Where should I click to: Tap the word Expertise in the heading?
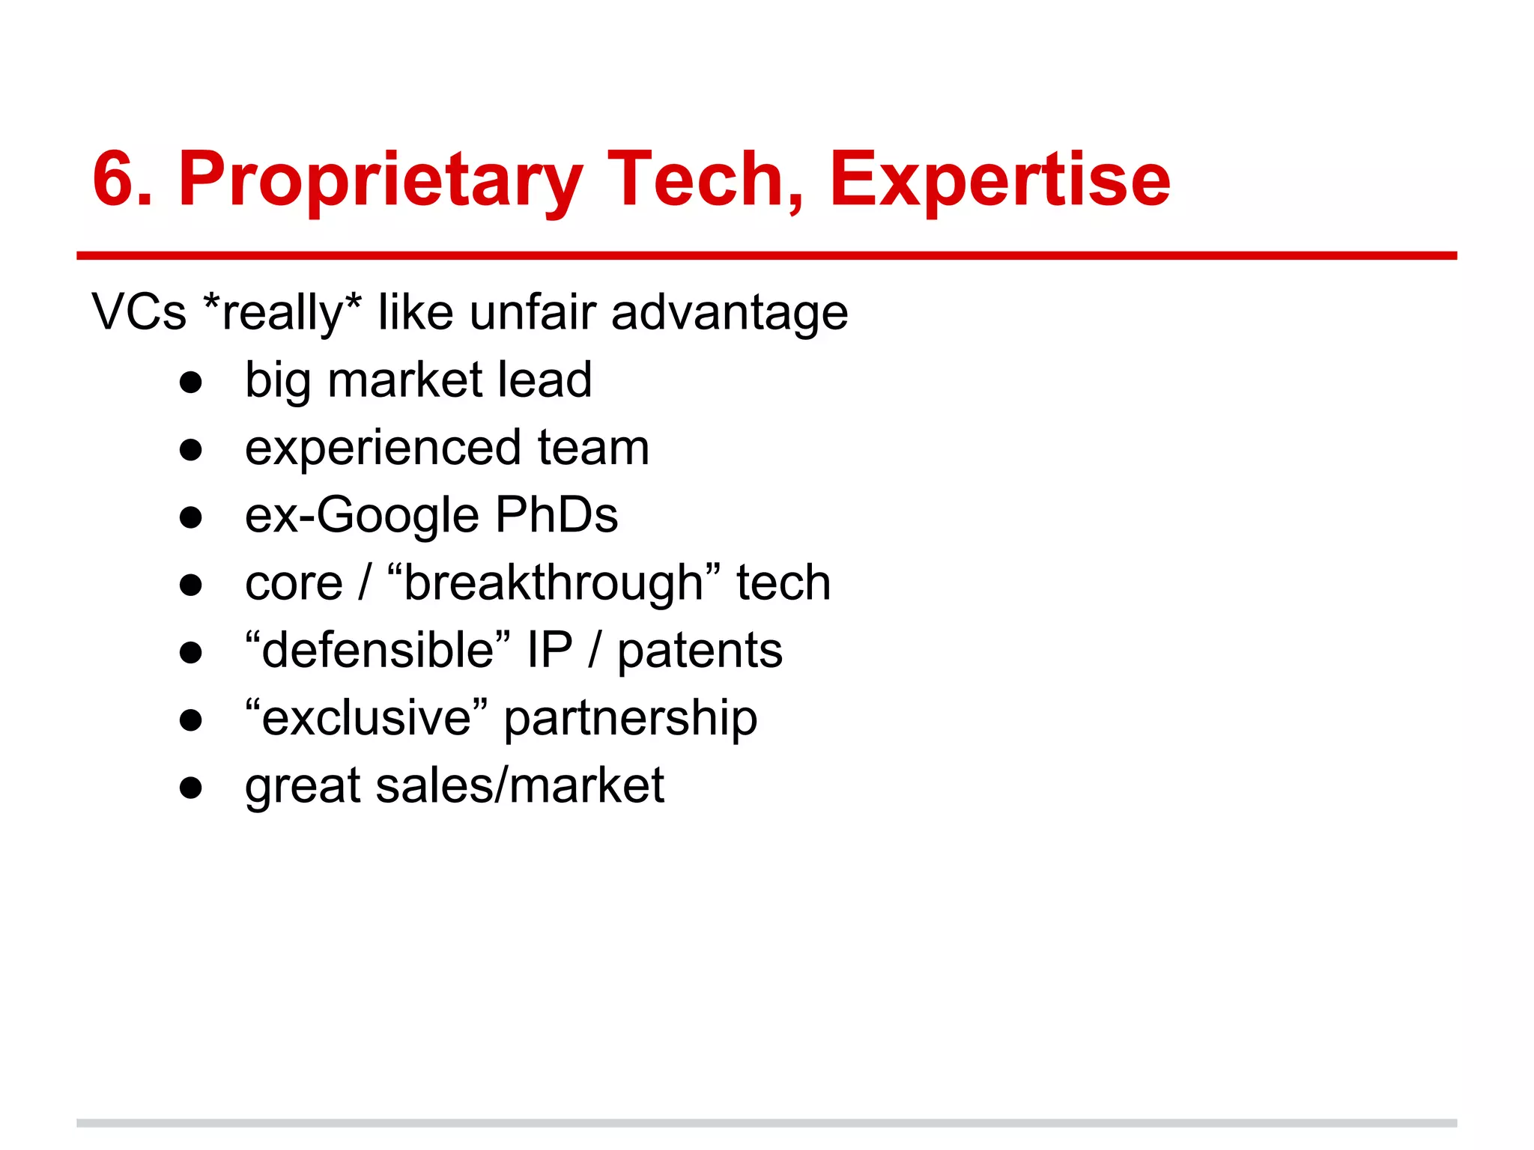(999, 181)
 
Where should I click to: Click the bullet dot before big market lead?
(191, 383)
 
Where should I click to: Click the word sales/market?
(520, 786)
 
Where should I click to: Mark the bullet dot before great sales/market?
(191, 788)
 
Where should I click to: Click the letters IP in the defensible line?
(549, 650)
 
